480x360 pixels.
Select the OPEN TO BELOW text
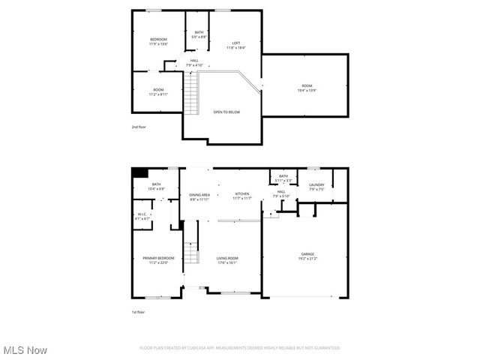(x=226, y=112)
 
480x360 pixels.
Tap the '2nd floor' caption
(x=139, y=127)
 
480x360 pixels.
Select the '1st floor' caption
(x=139, y=310)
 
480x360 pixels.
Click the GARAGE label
(x=308, y=256)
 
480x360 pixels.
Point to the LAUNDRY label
(x=316, y=187)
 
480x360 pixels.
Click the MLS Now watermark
(x=25, y=350)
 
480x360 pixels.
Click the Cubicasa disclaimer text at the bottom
(x=240, y=348)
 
